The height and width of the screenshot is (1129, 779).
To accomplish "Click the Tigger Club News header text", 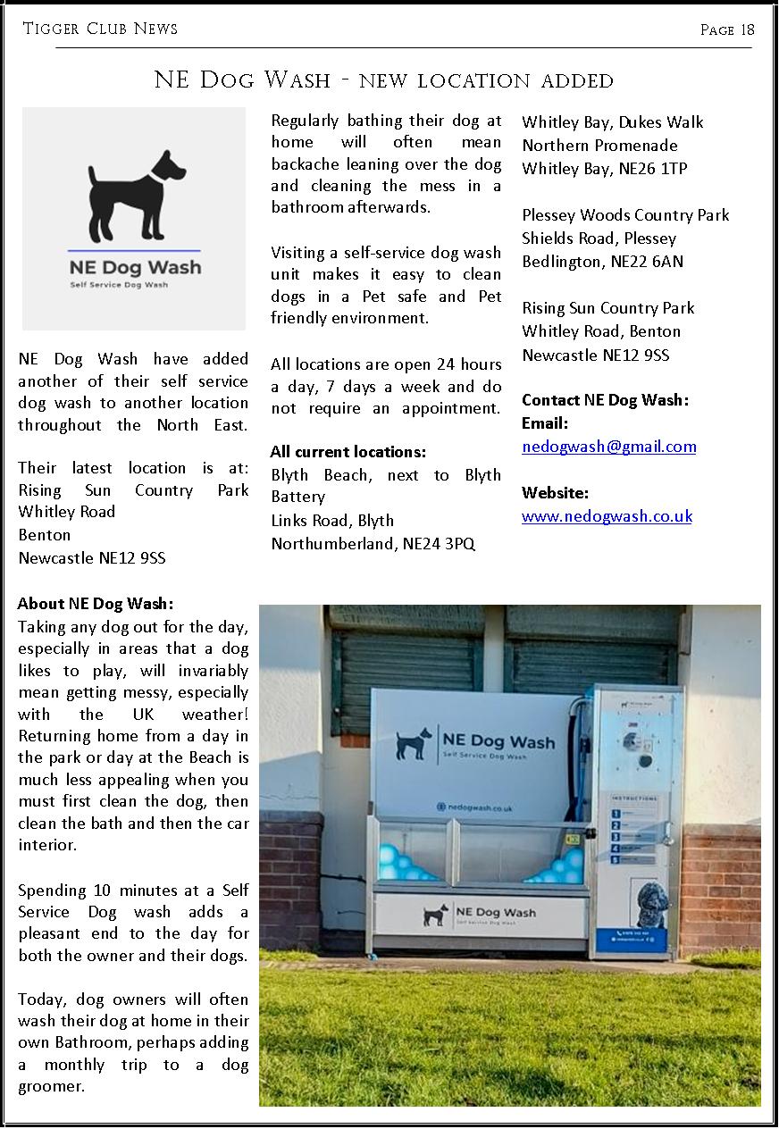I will [x=100, y=29].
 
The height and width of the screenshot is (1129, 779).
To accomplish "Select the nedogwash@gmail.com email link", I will [x=608, y=447].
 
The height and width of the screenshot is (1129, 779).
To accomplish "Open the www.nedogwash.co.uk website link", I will [x=607, y=516].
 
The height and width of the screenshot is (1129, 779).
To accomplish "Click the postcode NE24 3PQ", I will [x=439, y=544].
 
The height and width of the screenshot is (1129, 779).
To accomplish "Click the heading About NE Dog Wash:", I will [x=96, y=604].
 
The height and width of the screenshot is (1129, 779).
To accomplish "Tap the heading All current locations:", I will [x=348, y=452].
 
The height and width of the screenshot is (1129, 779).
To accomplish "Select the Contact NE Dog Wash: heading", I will [x=605, y=399].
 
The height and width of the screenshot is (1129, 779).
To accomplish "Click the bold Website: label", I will [x=555, y=493].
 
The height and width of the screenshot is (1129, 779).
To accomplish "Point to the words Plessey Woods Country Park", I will [x=625, y=215].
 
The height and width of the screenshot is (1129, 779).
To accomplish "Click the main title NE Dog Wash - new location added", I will [x=384, y=80].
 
